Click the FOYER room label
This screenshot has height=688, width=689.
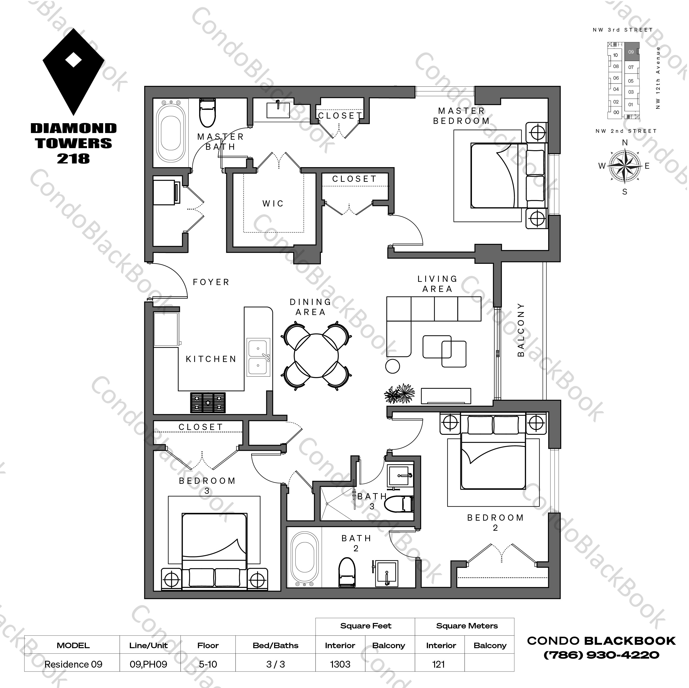pos(211,282)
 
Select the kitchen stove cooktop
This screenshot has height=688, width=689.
pos(208,403)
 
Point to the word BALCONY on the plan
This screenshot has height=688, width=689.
pos(521,330)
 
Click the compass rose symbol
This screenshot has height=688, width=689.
pos(624,166)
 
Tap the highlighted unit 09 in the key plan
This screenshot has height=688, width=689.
pos(632,52)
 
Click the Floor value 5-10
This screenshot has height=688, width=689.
pos(208,664)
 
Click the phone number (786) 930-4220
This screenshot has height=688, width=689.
pos(601,655)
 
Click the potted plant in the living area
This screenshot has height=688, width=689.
pos(400,394)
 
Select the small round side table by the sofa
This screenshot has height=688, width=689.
pos(392,366)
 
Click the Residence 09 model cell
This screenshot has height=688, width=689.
pos(74,664)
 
